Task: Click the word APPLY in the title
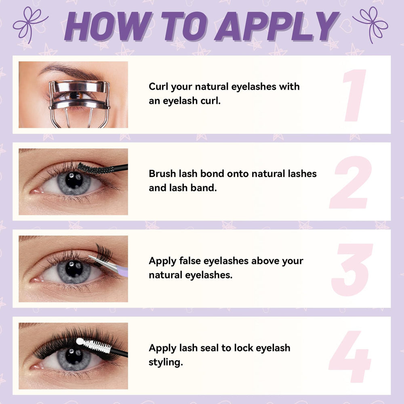(277, 26)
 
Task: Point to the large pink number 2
(351, 182)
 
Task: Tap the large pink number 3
(352, 270)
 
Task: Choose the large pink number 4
(350, 357)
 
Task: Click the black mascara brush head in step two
(96, 168)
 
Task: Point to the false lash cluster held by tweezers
(104, 252)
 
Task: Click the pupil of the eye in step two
(74, 180)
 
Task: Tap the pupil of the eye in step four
(74, 356)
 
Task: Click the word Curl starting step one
(158, 86)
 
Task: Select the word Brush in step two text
(162, 173)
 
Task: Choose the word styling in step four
(166, 362)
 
